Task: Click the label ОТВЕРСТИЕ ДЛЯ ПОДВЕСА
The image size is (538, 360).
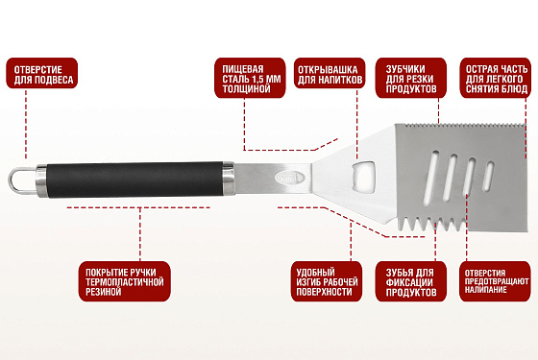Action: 42,73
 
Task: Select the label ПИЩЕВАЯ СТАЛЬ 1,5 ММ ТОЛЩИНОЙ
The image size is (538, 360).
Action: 250,78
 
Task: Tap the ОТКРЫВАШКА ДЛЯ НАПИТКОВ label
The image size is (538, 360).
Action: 330,73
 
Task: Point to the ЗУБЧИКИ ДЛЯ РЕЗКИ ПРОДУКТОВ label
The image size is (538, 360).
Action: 411,78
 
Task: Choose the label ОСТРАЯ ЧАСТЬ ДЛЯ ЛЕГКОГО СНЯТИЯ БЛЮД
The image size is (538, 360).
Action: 496,78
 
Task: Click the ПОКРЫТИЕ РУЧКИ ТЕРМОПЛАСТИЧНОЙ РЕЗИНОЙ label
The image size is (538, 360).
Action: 124,281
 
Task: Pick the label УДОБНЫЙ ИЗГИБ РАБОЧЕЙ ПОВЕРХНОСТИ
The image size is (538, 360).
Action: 327,281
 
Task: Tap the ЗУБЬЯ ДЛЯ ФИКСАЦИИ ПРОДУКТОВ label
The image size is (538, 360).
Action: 411,281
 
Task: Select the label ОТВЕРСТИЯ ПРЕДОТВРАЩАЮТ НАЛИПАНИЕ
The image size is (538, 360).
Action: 496,281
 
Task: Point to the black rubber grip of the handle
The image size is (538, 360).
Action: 134,180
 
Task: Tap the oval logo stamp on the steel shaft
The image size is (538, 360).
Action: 289,178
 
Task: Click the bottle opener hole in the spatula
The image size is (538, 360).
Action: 363,176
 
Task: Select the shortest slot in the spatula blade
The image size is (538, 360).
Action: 489,177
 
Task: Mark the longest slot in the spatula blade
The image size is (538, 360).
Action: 430,179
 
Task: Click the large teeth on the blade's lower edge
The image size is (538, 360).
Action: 431,224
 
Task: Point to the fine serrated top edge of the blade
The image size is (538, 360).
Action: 460,126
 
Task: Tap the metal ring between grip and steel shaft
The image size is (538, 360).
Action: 229,179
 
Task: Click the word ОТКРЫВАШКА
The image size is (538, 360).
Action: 328,69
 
